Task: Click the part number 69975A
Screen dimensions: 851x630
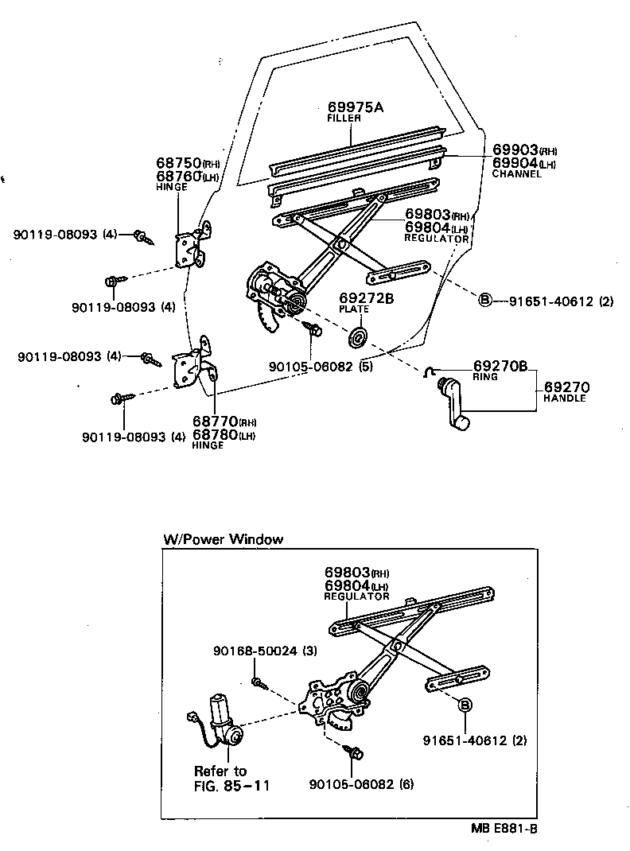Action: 355,107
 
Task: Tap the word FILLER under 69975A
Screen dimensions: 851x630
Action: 344,119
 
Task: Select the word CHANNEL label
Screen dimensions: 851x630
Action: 516,173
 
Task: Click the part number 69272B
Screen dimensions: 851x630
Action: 367,299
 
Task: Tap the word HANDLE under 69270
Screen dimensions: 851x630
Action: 565,398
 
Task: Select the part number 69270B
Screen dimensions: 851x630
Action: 500,367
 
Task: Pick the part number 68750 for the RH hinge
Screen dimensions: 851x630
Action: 178,163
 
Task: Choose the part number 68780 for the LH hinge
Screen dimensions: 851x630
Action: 212,435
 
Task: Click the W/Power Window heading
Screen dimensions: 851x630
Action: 223,539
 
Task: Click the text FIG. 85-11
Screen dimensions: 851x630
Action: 232,786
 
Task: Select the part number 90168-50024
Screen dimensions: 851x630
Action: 255,651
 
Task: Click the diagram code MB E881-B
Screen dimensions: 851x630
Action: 504,829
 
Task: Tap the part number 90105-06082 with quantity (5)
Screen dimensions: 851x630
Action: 311,367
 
